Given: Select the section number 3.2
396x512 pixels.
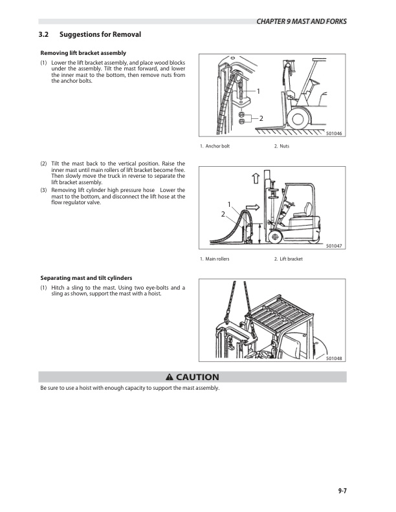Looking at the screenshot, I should point(44,34).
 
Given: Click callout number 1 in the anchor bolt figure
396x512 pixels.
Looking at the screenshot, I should point(258,92).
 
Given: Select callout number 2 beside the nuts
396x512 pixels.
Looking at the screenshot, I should point(261,118).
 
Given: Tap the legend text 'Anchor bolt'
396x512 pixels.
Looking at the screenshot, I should point(217,147).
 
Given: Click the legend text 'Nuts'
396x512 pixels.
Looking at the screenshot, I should point(283,147).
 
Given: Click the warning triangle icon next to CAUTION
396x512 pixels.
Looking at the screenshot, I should point(170,378).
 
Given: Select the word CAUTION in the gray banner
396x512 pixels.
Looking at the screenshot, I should point(197,378).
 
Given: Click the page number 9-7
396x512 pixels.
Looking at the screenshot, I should point(342,491).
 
